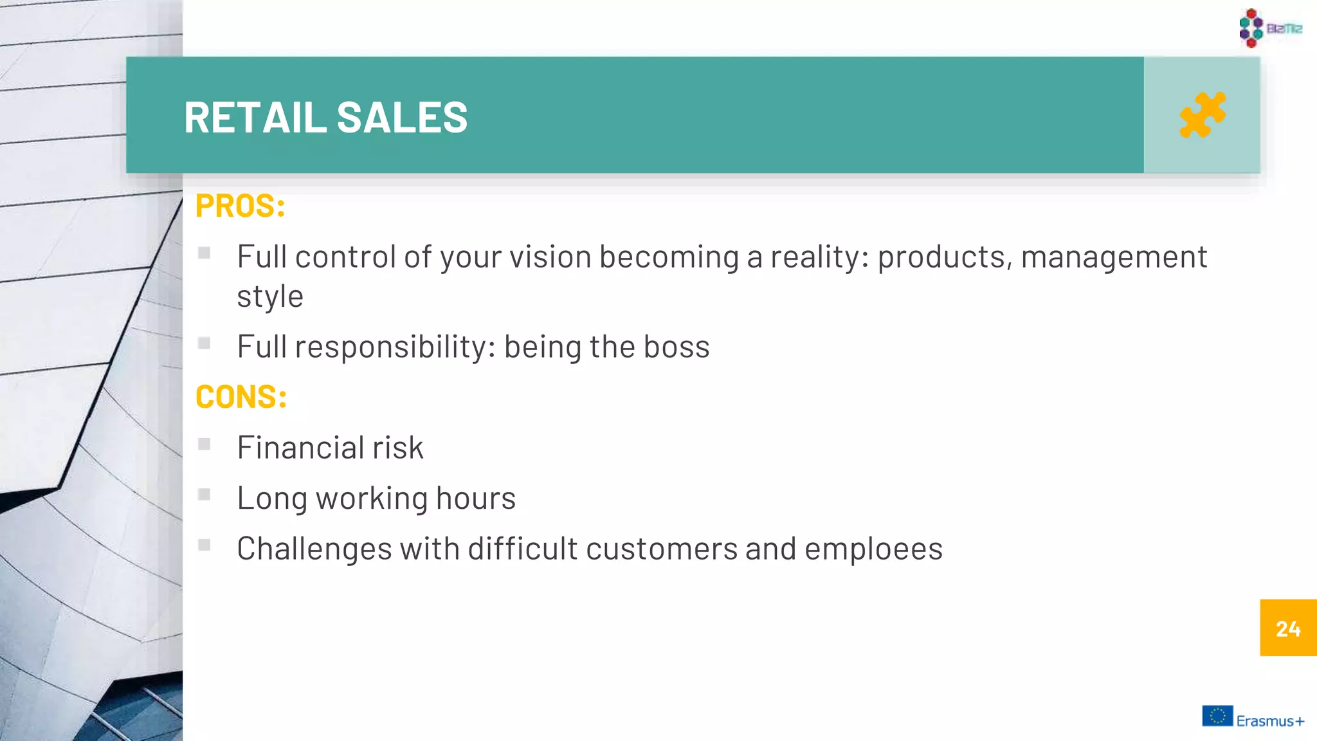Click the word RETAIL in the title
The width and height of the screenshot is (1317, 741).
point(255,118)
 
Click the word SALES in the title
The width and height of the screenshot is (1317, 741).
point(402,118)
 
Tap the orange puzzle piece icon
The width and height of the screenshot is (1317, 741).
point(1203,115)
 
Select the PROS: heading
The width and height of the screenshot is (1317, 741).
point(240,206)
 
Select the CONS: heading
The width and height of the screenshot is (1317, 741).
point(241,397)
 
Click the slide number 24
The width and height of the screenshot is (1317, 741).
point(1288,628)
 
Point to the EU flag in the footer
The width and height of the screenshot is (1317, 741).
point(1217,716)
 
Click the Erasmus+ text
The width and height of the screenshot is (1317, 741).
point(1270,721)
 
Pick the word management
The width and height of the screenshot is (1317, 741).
point(1114,257)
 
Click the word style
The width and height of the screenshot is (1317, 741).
point(269,297)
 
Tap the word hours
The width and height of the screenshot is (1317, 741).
point(476,499)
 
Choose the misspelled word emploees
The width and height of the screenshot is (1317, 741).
point(873,549)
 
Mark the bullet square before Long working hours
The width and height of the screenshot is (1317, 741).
point(204,495)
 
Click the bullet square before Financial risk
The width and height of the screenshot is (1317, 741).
point(204,444)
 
